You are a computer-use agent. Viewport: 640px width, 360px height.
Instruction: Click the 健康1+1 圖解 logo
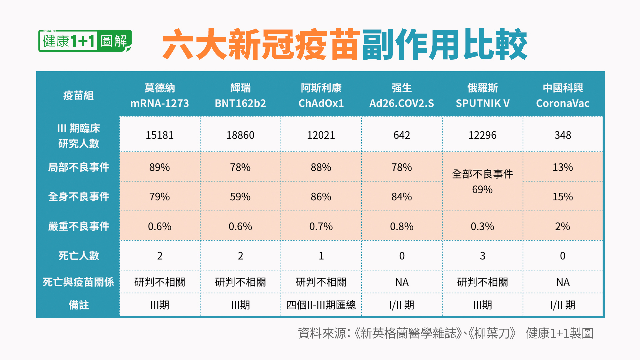85,41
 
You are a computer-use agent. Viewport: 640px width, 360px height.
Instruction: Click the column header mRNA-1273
159,103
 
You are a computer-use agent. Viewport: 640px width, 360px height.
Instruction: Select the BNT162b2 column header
240,103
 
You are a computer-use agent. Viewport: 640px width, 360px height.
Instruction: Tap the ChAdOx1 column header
321,103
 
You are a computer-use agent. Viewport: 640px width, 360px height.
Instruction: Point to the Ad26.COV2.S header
402,103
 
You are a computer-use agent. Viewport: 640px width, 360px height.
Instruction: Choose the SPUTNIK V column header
482,103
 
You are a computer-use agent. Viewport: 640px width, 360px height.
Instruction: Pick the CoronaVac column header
563,103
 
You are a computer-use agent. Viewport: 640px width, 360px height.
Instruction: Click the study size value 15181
160,135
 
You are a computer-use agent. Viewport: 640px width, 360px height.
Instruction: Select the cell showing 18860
240,135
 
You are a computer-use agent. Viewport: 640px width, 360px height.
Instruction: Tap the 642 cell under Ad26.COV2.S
402,135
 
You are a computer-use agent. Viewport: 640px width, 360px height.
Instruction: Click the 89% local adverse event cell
160,167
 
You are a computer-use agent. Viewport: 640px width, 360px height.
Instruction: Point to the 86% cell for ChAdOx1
321,197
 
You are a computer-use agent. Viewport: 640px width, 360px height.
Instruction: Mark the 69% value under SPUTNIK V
482,189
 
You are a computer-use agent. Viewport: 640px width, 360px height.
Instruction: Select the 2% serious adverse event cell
563,226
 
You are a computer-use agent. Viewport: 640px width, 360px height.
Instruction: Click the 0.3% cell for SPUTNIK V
482,226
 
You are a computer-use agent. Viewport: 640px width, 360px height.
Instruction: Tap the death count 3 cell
482,256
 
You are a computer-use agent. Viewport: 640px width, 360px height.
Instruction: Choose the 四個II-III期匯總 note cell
321,305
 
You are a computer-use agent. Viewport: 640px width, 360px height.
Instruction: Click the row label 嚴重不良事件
79,226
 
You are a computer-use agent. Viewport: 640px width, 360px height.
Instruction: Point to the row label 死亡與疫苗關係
78,282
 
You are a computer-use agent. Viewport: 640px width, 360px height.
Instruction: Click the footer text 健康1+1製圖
559,333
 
